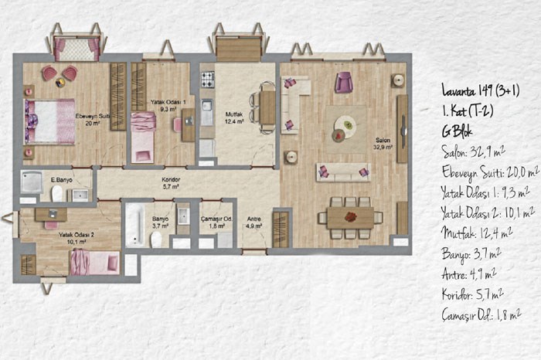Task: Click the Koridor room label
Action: point(171,180)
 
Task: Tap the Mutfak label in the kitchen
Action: point(234,114)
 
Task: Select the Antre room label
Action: point(254,219)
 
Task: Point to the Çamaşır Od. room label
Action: point(216,219)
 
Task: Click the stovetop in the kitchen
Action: point(208,80)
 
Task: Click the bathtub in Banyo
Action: point(134,226)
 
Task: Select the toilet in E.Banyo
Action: point(57,193)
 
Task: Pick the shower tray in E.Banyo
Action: point(31,182)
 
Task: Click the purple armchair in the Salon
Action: point(344,82)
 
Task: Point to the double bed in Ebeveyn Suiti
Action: point(49,122)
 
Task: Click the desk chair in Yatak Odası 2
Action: point(52,225)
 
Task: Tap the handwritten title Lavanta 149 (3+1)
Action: point(481,90)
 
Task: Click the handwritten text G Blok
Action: point(457,131)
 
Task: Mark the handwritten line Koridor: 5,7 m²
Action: point(472,294)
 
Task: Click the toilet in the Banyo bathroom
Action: point(156,239)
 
